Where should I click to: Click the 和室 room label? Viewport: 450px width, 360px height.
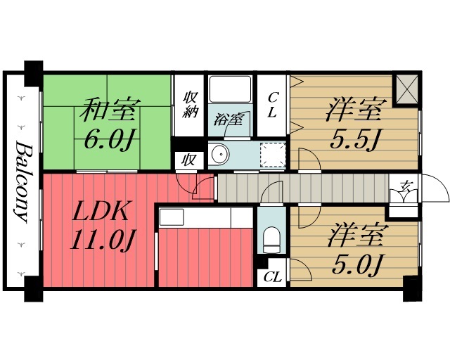(109, 110)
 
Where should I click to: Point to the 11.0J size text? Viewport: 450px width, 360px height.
(102, 241)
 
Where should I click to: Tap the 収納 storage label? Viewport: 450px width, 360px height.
(189, 106)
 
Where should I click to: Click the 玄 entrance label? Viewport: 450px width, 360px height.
(406, 186)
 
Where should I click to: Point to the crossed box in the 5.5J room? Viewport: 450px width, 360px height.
(407, 89)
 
